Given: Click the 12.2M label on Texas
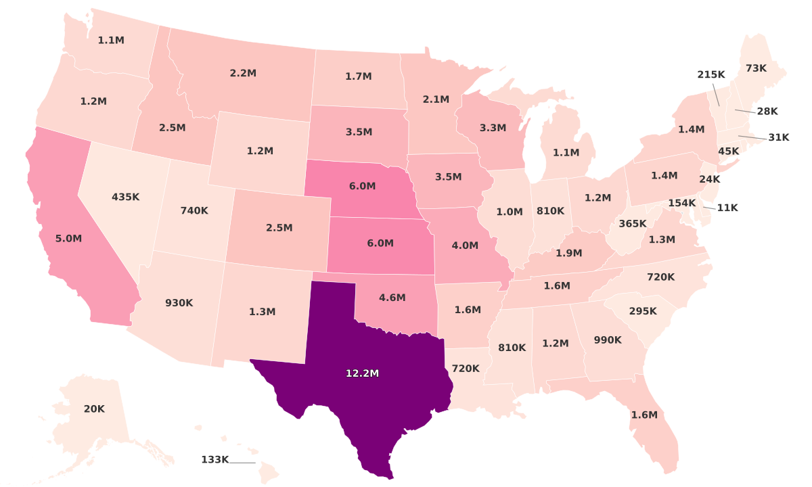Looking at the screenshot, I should [362, 373].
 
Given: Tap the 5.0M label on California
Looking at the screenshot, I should [68, 239].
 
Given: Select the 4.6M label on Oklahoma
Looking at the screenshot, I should [392, 298].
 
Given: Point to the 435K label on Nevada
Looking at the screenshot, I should [125, 197].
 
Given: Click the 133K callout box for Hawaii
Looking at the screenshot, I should [215, 460].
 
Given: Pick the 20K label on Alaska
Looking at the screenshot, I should [94, 409].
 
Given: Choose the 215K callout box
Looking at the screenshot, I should [711, 74].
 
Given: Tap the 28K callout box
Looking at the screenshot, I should [767, 111].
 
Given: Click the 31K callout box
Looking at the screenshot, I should [779, 137].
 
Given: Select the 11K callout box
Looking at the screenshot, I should [727, 208].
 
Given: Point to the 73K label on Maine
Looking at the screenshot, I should [756, 68].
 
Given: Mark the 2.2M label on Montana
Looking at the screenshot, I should [243, 73].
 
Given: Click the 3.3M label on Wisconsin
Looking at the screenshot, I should [493, 127].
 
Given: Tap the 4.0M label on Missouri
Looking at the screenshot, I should [465, 245].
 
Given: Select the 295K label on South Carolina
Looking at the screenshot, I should [642, 311].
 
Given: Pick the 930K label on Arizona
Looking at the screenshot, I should [179, 303].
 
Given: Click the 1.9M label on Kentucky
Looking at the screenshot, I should [568, 253].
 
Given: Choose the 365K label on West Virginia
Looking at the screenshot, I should [632, 224].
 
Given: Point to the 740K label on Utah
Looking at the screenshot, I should [194, 210].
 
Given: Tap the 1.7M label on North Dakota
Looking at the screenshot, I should [358, 76].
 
